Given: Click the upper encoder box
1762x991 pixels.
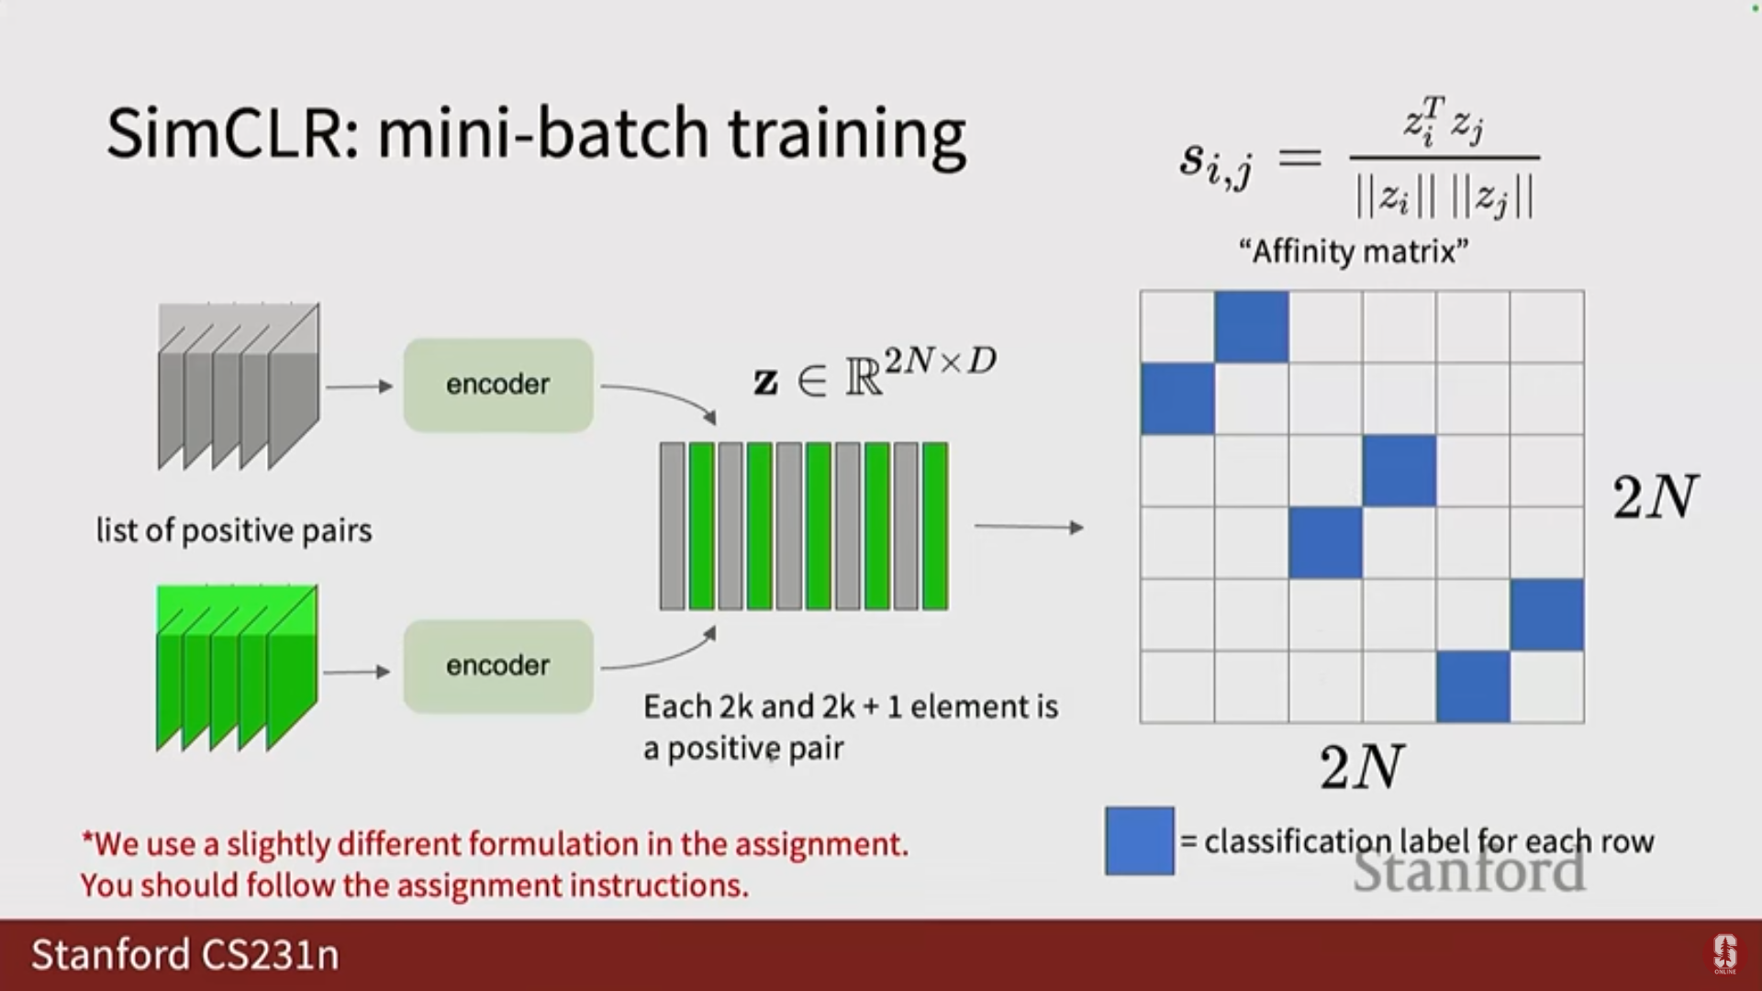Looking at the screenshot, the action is point(498,385).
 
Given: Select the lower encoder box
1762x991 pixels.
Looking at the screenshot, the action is point(498,666).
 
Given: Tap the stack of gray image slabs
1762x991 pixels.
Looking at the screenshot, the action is point(239,386).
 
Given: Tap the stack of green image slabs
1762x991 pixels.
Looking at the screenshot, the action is point(237,668).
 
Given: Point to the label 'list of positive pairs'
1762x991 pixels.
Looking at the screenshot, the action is point(234,530).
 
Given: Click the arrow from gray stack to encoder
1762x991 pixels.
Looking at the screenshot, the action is point(360,386).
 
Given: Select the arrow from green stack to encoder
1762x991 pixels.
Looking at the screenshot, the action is point(357,672).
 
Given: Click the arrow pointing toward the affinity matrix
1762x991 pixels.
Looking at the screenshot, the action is point(1029,528).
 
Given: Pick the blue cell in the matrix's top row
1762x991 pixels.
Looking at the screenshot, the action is point(1252,327).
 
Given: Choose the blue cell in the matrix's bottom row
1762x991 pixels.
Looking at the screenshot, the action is point(1473,686).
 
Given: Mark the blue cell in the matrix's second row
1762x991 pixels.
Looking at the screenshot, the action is point(1177,398).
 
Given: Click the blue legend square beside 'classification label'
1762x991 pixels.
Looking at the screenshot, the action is point(1140,841).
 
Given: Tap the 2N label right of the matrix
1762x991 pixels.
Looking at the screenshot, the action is point(1656,497).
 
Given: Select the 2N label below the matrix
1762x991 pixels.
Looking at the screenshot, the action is point(1362,767).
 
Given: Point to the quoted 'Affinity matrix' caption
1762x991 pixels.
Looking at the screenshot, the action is point(1354,251).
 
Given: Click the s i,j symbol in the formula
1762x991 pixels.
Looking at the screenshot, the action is point(1216,163).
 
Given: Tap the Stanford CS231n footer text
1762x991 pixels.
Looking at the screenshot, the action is point(185,955).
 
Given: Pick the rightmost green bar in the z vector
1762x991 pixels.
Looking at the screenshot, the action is point(935,526).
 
